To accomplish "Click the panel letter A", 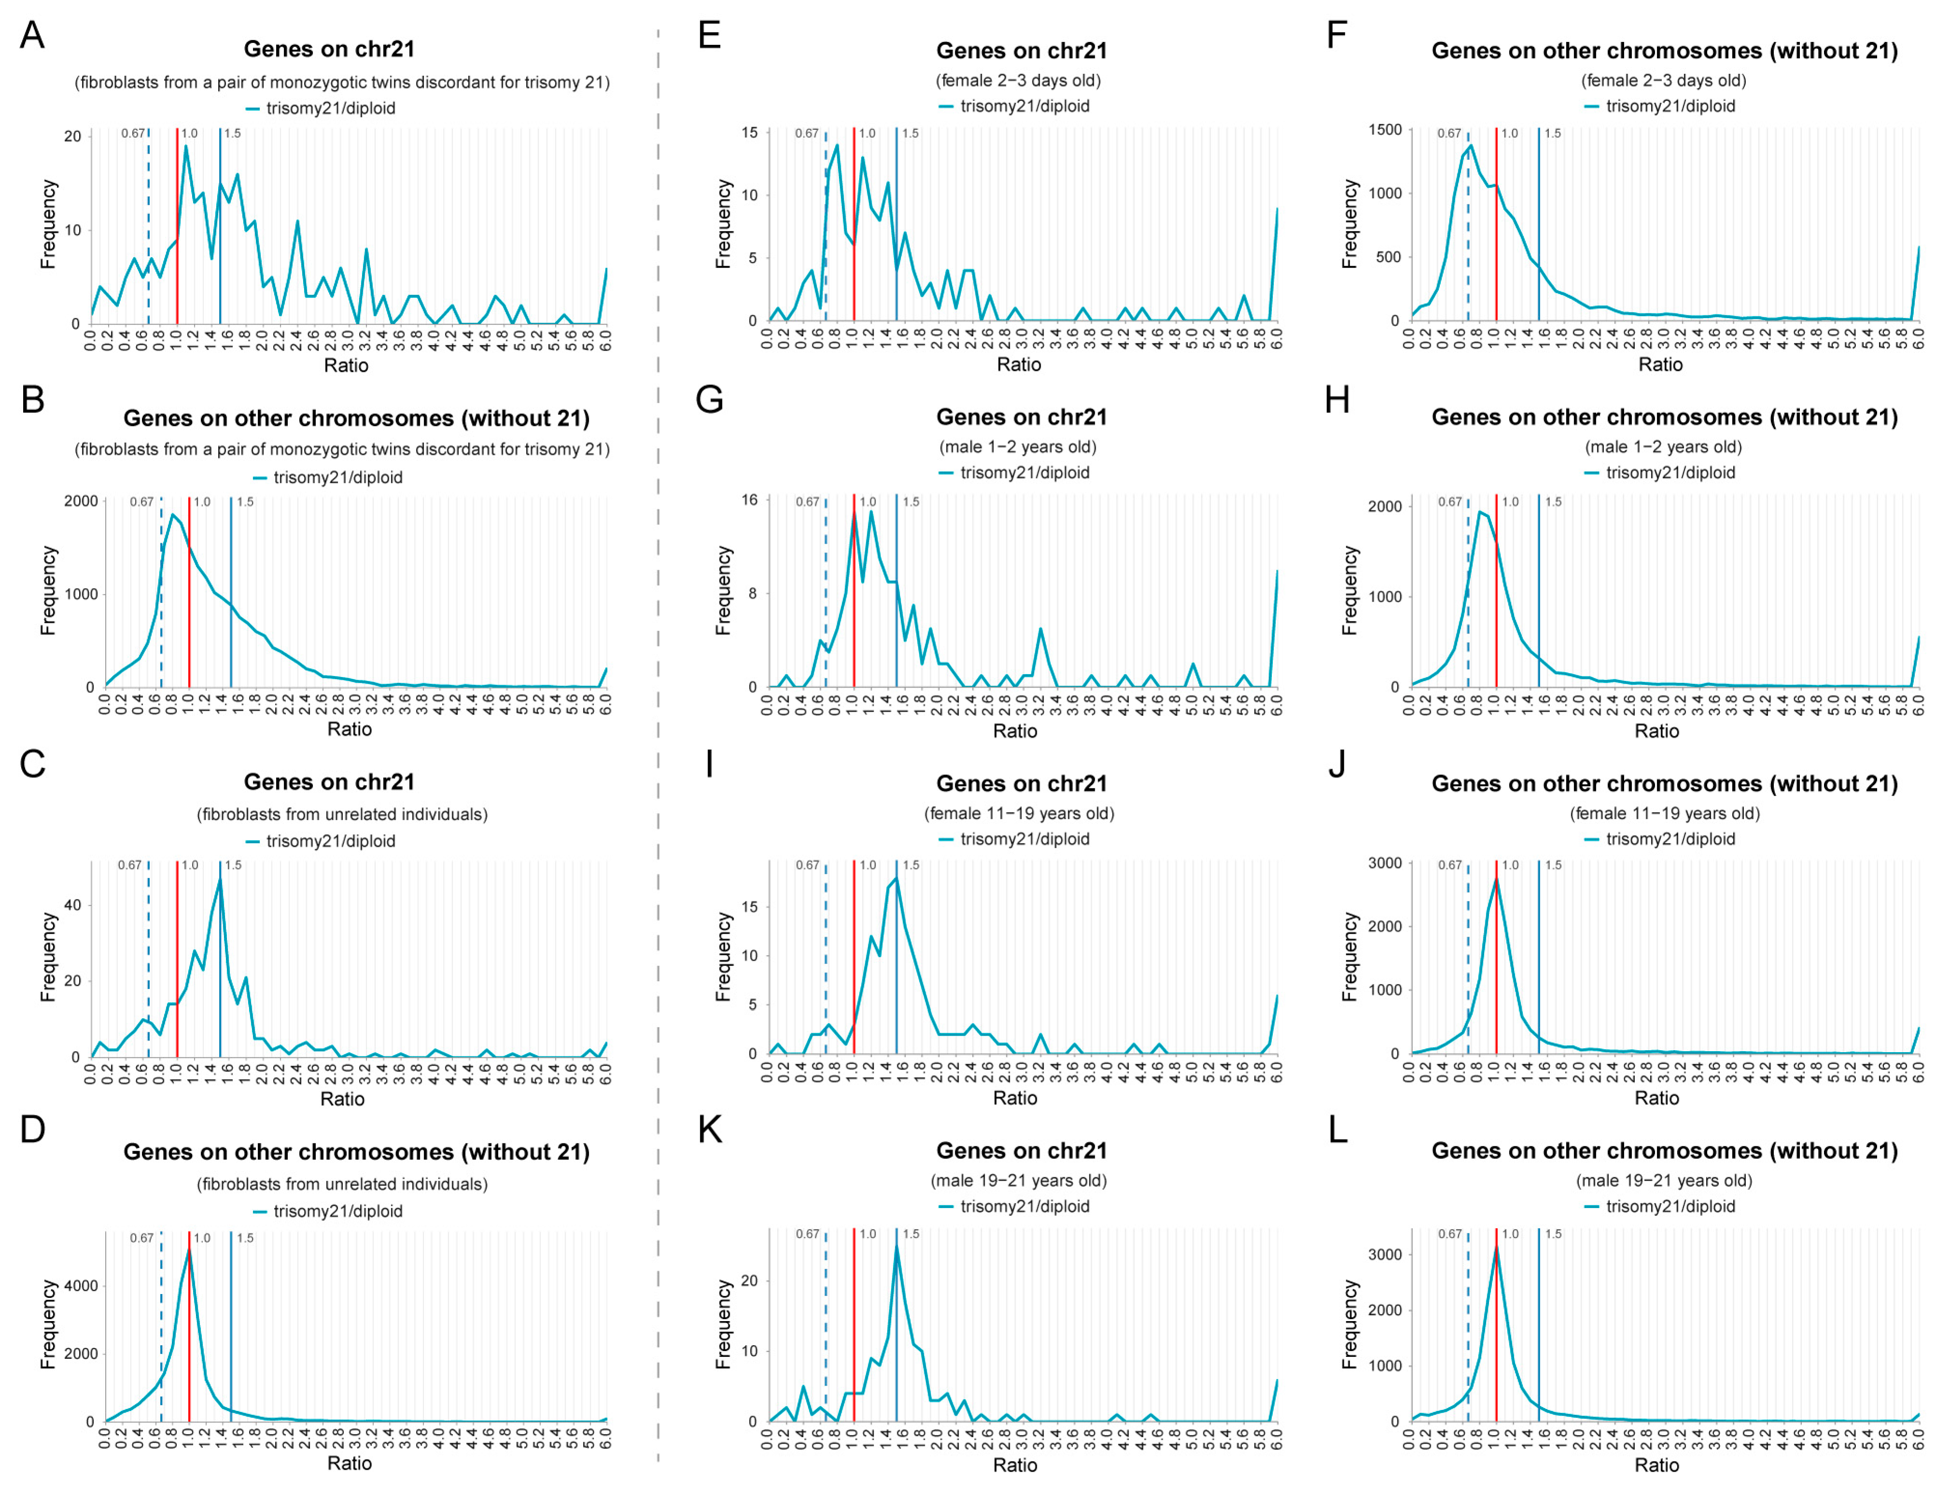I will click(x=32, y=35).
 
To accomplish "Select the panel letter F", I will click(x=1337, y=35).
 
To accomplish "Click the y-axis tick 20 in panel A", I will click(x=72, y=137).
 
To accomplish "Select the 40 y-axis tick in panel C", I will click(x=72, y=905).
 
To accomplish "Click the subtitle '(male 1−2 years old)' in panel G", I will click(x=1017, y=447).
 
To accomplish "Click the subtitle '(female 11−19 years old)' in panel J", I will click(x=1664, y=813).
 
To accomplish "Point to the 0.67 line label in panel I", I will click(x=807, y=865).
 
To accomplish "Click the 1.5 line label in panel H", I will click(x=1553, y=502).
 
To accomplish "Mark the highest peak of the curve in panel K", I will click(x=896, y=1246).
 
